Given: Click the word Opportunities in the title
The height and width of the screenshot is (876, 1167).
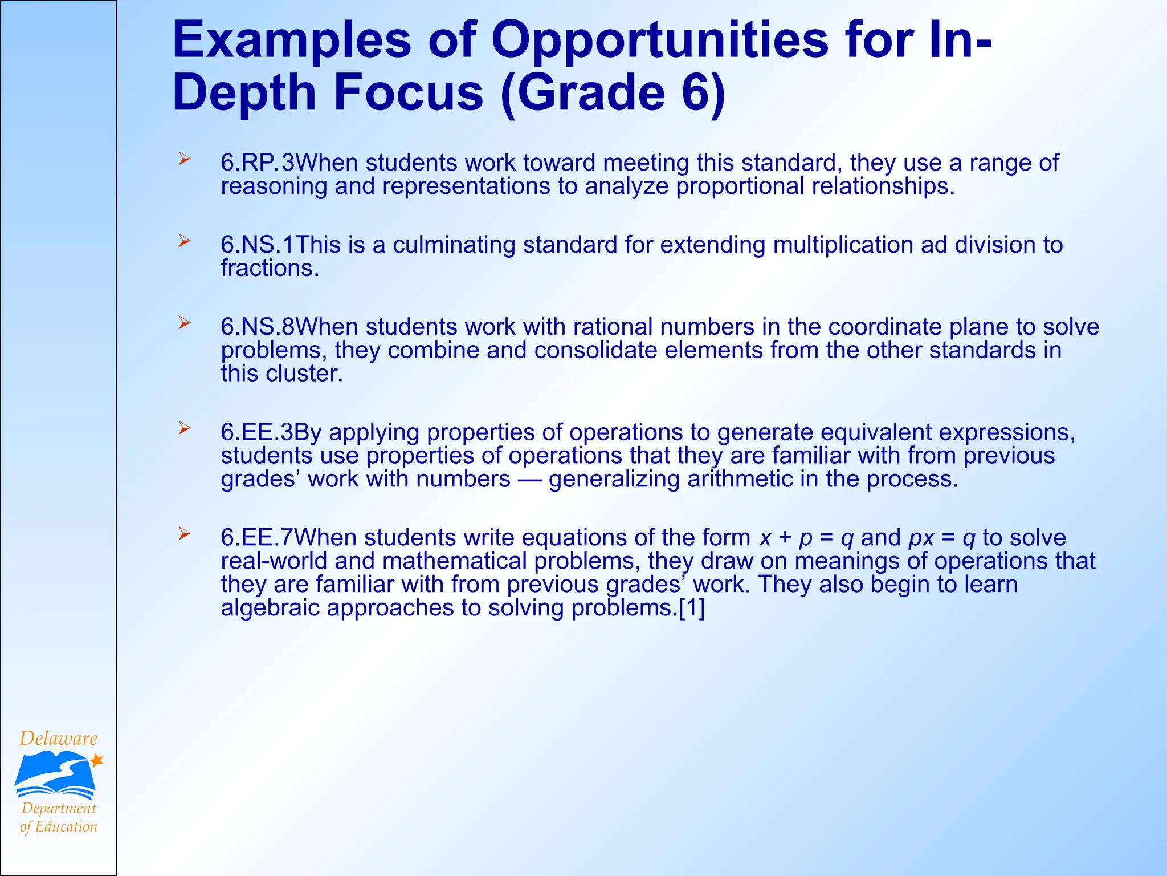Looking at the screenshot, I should pos(660,41).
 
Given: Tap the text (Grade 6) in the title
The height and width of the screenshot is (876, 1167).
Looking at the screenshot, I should pos(613,94).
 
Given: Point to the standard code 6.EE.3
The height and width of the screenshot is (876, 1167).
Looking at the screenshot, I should pos(256,432).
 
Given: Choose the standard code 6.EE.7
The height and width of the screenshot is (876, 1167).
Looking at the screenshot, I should pos(256,538).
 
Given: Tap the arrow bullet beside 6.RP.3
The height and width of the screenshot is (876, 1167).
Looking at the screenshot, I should pos(183,159).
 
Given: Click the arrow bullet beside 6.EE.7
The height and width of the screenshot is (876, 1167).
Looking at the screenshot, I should pos(183,534).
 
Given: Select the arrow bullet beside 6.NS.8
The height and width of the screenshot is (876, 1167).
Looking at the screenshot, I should pos(183,323).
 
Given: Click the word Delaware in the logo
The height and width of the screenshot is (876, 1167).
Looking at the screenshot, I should pos(59,739).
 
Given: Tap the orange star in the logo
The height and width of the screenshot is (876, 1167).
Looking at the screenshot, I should pos(97,760).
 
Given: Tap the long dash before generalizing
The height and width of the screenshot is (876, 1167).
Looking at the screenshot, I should pos(529,480).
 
